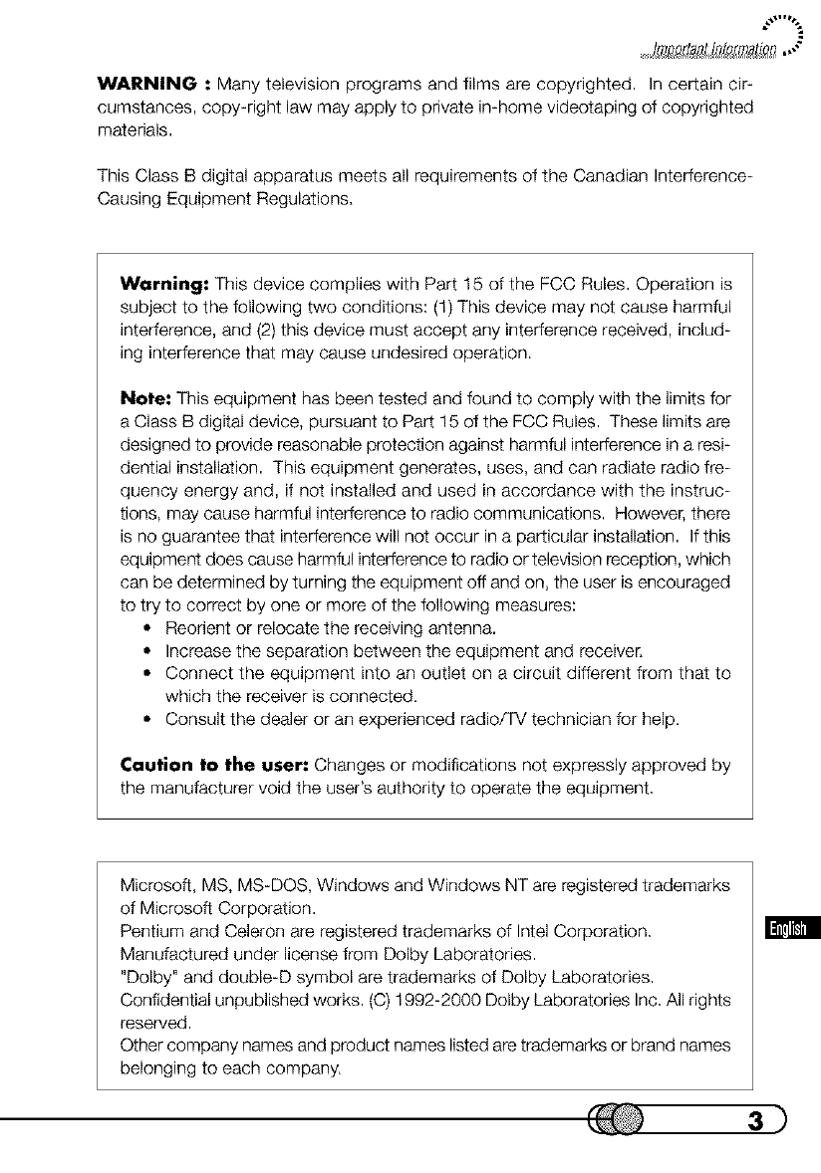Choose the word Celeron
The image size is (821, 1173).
click(235, 931)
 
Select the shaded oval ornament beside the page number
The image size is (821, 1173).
click(621, 1120)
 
